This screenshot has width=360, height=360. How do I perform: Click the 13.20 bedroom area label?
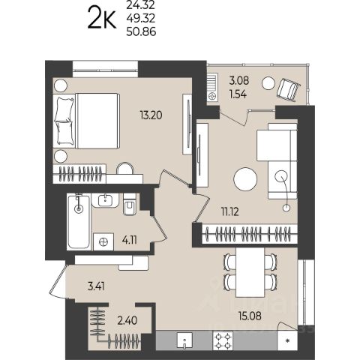pos(151,115)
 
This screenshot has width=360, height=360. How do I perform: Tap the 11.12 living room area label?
pos(230,211)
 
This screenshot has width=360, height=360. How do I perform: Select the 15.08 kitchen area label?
pos(250,316)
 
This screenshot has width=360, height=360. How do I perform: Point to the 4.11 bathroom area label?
pos(130,240)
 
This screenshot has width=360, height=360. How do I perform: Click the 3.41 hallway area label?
pos(96,286)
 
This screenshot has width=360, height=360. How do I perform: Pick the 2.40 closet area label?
pos(127,320)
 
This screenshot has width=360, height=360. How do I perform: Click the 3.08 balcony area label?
pos(239,80)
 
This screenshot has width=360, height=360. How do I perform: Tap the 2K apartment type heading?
pos(102,18)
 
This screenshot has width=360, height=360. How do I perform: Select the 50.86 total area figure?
pos(141,31)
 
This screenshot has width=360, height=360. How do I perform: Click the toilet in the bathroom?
pos(130,205)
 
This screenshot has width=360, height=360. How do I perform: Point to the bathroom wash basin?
pos(105,200)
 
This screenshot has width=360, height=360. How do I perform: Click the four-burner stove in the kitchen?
pos(223,340)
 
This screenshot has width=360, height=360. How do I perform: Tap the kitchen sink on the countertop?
pos(184,340)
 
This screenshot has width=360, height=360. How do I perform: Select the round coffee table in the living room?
pos(245,179)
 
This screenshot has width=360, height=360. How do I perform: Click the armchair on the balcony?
pos(289,91)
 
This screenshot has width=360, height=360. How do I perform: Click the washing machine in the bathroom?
pos(103,241)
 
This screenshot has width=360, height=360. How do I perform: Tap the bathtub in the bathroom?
pos(79,222)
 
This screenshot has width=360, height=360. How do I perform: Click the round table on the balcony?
pos(268,83)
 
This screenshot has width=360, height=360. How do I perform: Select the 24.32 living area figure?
pos(141,4)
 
